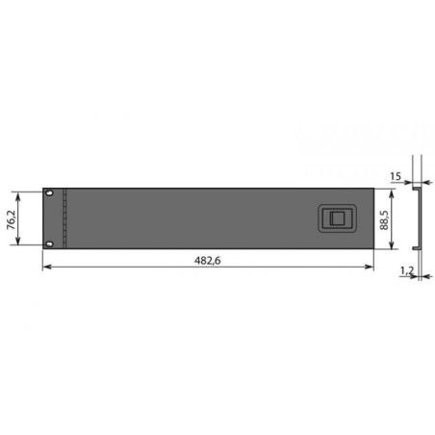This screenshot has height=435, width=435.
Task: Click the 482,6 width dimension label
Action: point(208,260)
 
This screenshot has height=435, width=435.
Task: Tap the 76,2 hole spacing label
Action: point(12,220)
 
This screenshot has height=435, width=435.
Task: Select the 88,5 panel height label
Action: point(384,220)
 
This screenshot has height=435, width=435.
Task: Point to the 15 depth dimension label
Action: point(396,176)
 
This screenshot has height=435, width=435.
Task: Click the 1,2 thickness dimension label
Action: point(407,271)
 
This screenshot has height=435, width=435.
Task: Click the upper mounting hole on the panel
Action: point(49,193)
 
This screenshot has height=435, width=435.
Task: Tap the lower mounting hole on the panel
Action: point(49,244)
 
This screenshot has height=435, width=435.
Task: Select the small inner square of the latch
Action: point(337,218)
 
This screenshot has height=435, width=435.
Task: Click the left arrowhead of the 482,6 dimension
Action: point(47,267)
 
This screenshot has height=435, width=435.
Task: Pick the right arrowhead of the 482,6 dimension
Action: point(370,267)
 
